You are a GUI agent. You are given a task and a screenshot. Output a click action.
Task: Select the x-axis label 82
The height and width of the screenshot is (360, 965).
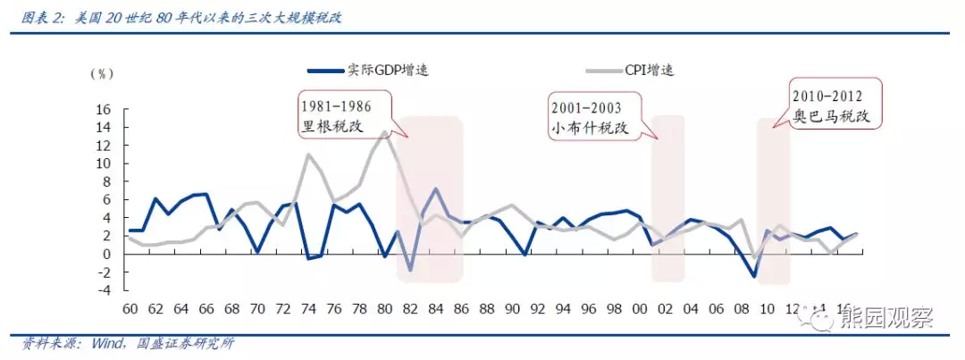(410, 309)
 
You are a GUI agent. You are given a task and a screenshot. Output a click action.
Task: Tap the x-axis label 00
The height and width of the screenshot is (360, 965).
(639, 309)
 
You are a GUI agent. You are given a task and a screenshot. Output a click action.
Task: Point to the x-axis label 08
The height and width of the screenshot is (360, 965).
(742, 309)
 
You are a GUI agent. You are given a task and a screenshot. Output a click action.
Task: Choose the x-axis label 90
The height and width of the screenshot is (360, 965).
(512, 309)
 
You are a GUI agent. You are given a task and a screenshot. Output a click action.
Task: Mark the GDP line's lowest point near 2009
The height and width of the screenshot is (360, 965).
(755, 276)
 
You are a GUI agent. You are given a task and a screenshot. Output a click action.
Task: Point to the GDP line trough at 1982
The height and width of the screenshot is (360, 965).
(410, 270)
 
